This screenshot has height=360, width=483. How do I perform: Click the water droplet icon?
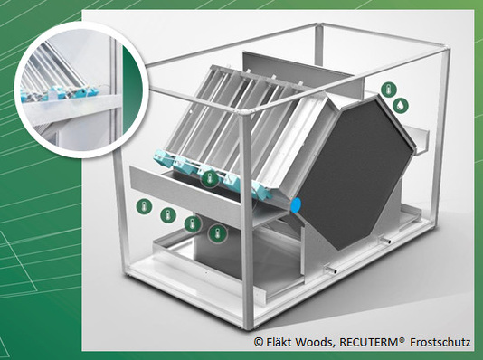coord(401,105)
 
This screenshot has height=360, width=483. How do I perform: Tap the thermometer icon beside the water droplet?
coord(389,90)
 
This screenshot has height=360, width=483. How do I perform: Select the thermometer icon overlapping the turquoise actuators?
coord(210,178)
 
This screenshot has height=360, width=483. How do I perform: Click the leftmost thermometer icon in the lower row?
coord(144,206)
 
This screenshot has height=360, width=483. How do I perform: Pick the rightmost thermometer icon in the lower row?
coord(217,233)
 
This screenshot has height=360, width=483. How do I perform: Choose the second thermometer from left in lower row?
coord(168,215)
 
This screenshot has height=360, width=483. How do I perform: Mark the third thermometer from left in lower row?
coord(193,224)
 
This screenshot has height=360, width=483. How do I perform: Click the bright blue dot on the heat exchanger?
coord(296,205)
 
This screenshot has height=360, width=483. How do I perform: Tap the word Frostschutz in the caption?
coord(440,342)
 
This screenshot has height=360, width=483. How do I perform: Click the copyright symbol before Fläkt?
coord(259,342)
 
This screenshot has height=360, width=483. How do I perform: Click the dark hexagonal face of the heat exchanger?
coord(355,173)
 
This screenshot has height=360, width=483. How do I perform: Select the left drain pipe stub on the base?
coord(331,270)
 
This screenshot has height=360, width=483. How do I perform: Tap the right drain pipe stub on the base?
coord(385,241)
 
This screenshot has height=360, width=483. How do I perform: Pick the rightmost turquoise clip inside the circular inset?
coord(91,91)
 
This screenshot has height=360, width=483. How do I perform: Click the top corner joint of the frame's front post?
coord(243,112)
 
